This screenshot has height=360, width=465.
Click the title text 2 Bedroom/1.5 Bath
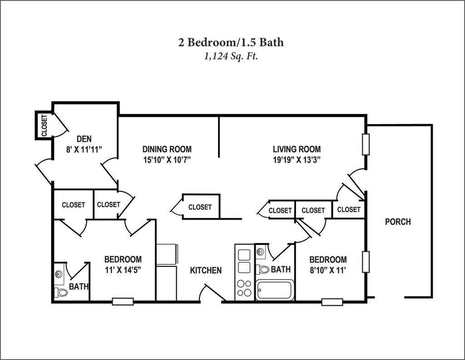click(231, 42)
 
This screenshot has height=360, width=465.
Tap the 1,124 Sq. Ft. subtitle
click(231, 56)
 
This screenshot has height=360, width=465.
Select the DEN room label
click(84, 139)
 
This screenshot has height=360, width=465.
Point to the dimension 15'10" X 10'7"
click(167, 160)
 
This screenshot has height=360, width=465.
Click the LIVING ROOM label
click(297, 149)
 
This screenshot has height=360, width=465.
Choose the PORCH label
click(398, 222)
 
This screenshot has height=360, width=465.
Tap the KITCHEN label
click(206, 270)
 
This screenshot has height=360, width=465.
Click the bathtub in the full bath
click(274, 290)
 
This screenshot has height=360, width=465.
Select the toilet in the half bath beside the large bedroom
click(61, 292)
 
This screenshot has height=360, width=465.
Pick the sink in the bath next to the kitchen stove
click(260, 252)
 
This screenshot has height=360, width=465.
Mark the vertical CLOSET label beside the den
click(44, 125)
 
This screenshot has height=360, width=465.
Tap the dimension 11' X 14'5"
click(123, 270)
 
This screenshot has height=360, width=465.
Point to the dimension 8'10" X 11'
click(328, 270)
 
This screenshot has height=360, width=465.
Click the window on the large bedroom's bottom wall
click(123, 302)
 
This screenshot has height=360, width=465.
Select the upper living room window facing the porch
click(366, 144)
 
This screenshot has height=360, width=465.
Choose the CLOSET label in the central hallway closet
click(200, 207)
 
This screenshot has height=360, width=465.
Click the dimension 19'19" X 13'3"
click(297, 160)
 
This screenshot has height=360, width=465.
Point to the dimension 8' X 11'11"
click(84, 149)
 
